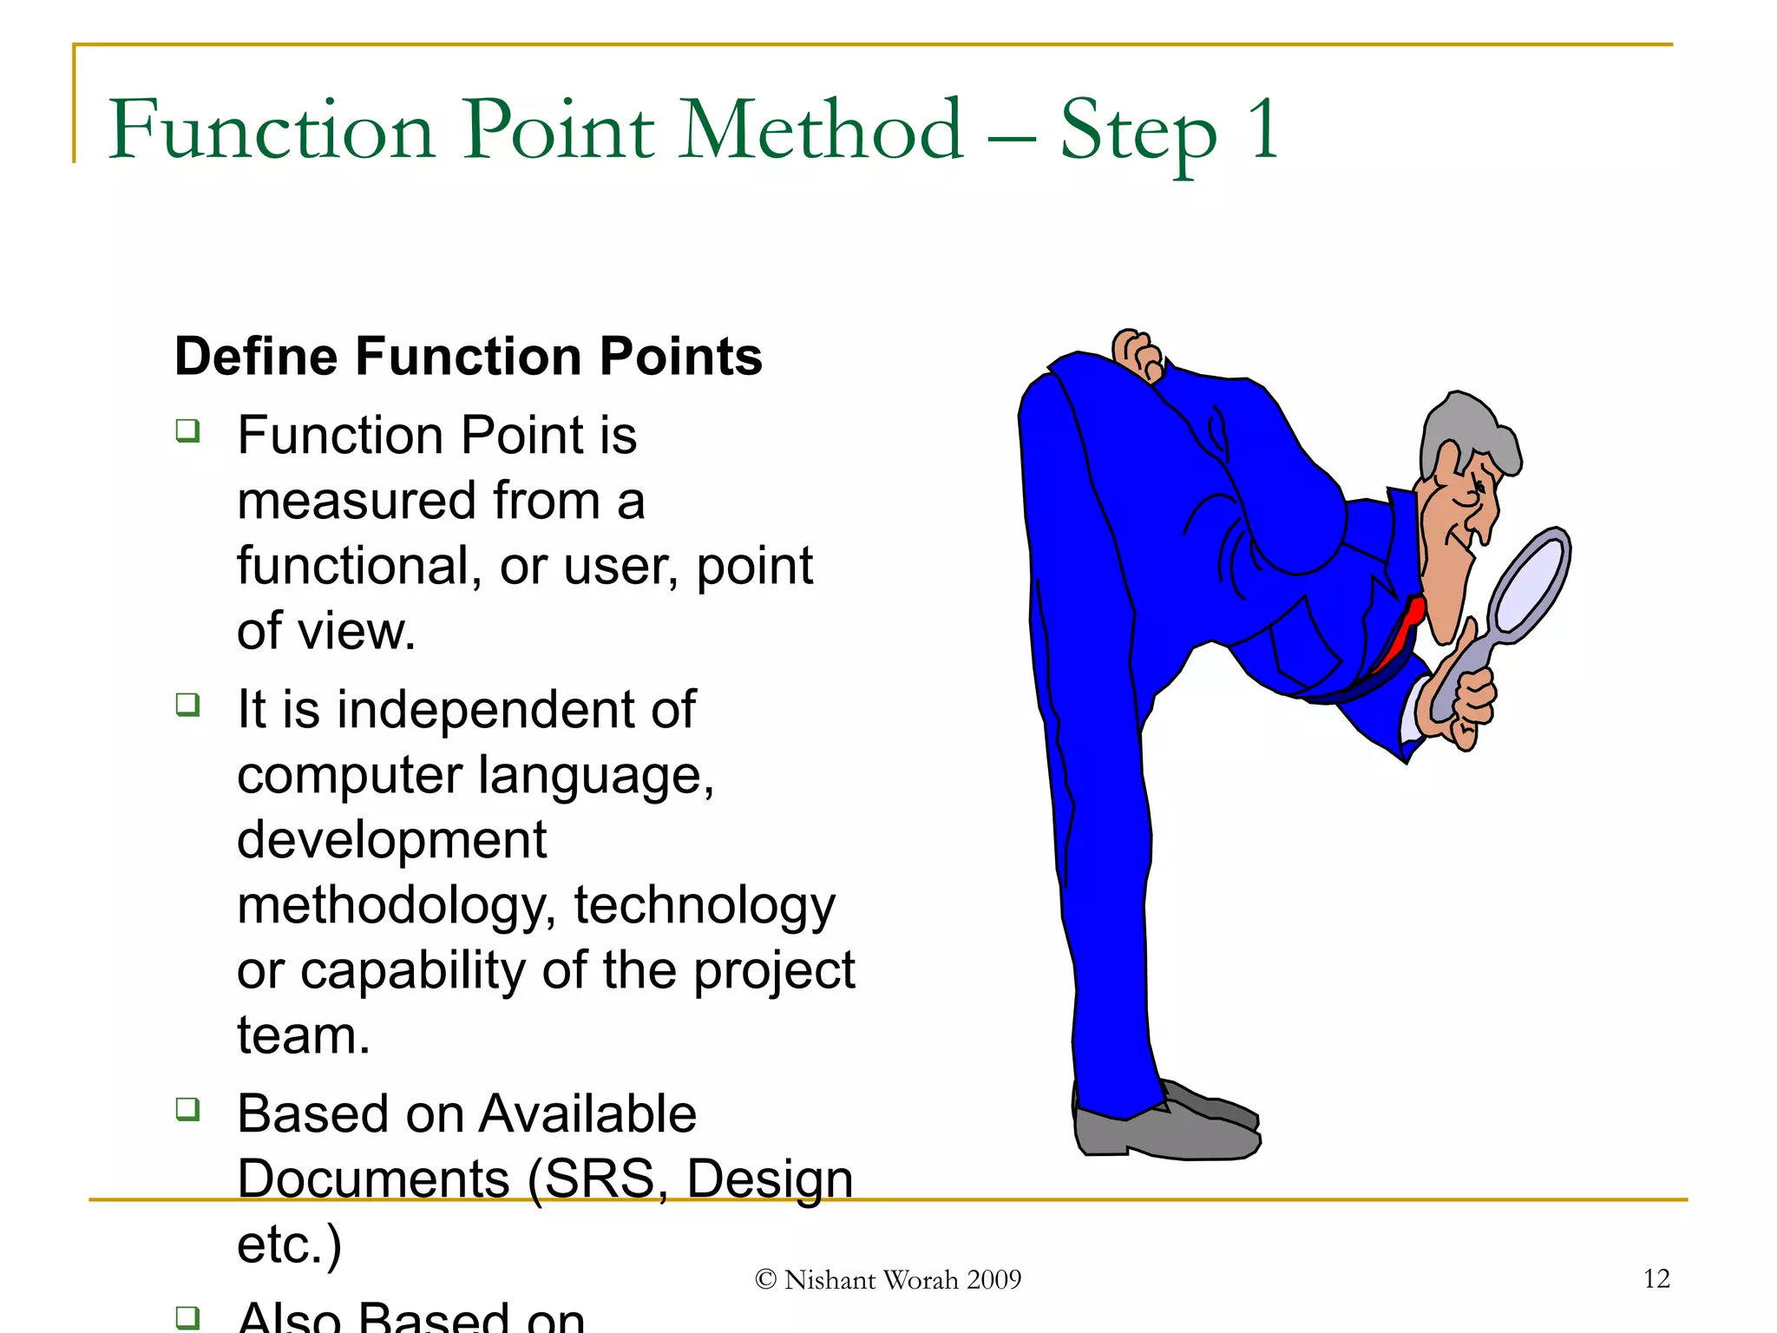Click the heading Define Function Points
[468, 357]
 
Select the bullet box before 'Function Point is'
[187, 430]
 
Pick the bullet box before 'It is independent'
[187, 705]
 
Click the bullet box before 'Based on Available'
[187, 1109]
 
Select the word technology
[705, 906]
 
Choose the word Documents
[373, 1179]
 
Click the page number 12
[1656, 1278]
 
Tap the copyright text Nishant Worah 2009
[888, 1280]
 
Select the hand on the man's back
[1138, 354]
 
